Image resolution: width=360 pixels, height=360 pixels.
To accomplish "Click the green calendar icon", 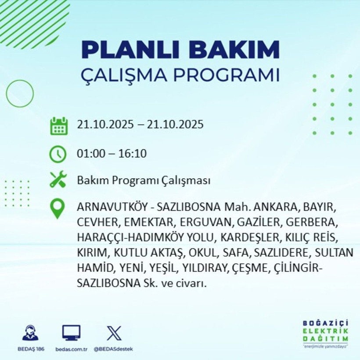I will pyautogui.click(x=58, y=126).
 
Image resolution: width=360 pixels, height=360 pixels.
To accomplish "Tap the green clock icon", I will pyautogui.click(x=58, y=154).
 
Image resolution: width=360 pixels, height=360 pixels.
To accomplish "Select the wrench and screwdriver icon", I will pyautogui.click(x=58, y=180).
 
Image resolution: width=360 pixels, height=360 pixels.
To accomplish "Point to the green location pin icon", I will pyautogui.click(x=58, y=209).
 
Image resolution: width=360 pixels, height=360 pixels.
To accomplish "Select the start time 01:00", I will pyautogui.click(x=90, y=154).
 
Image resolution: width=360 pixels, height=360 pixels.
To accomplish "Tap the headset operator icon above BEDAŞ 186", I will pyautogui.click(x=30, y=333).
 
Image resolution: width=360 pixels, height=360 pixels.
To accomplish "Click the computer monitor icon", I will pyautogui.click(x=71, y=333).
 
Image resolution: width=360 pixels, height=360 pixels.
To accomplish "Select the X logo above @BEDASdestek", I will pyautogui.click(x=114, y=333).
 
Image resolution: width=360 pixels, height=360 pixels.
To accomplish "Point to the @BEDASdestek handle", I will pyautogui.click(x=113, y=349).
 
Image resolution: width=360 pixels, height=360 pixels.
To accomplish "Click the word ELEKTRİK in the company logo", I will pyautogui.click(x=325, y=331).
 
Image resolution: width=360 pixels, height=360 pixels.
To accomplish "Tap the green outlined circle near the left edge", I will pyautogui.click(x=20, y=94).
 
